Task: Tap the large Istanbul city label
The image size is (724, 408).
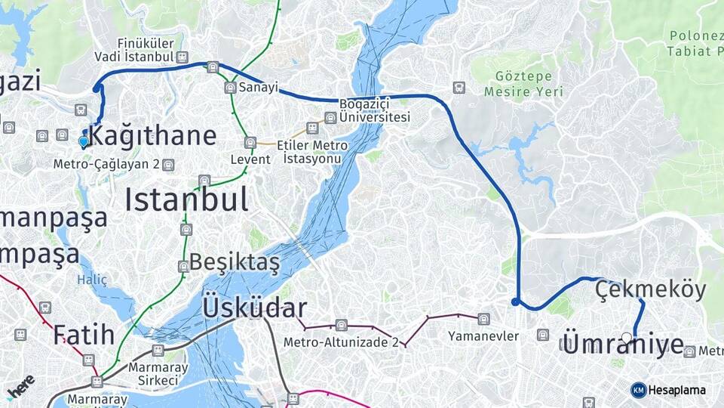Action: (x=186, y=199)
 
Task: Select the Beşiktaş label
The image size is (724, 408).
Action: (x=235, y=262)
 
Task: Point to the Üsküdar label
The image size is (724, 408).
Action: (x=254, y=308)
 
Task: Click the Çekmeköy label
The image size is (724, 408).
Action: (x=650, y=289)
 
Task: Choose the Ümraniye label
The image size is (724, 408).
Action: (x=623, y=345)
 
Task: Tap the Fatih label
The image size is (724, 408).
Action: (x=84, y=333)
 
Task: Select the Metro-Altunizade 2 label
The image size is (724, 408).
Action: (x=341, y=342)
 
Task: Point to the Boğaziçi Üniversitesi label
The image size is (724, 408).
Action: (x=374, y=110)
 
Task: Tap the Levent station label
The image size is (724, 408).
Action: (x=250, y=159)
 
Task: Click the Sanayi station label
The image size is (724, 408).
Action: (x=259, y=88)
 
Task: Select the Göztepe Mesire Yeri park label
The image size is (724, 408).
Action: (x=523, y=84)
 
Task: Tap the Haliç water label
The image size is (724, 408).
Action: (x=92, y=280)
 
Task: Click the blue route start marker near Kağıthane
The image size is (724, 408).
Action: (x=84, y=141)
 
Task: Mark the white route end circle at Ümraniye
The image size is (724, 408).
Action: (x=627, y=337)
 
